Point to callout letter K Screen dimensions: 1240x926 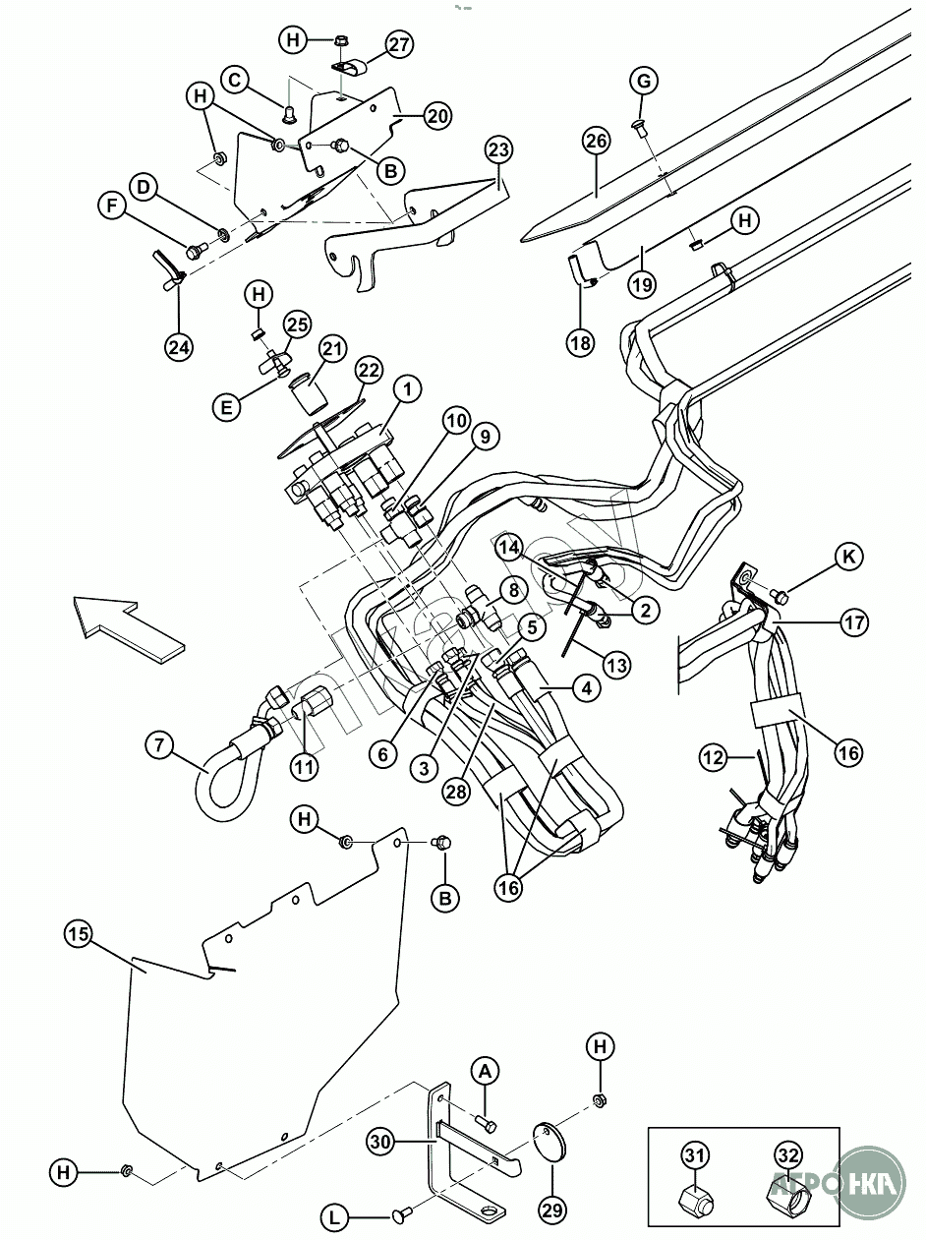pos(849,557)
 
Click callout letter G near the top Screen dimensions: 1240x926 pos(644,81)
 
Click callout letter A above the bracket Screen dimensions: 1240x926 pos(485,1071)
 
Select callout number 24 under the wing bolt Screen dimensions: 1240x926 pos(180,346)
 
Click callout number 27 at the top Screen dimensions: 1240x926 pos(398,44)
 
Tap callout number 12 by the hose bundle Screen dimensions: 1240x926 pos(715,758)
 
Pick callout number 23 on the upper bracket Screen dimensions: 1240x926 pos(498,150)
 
